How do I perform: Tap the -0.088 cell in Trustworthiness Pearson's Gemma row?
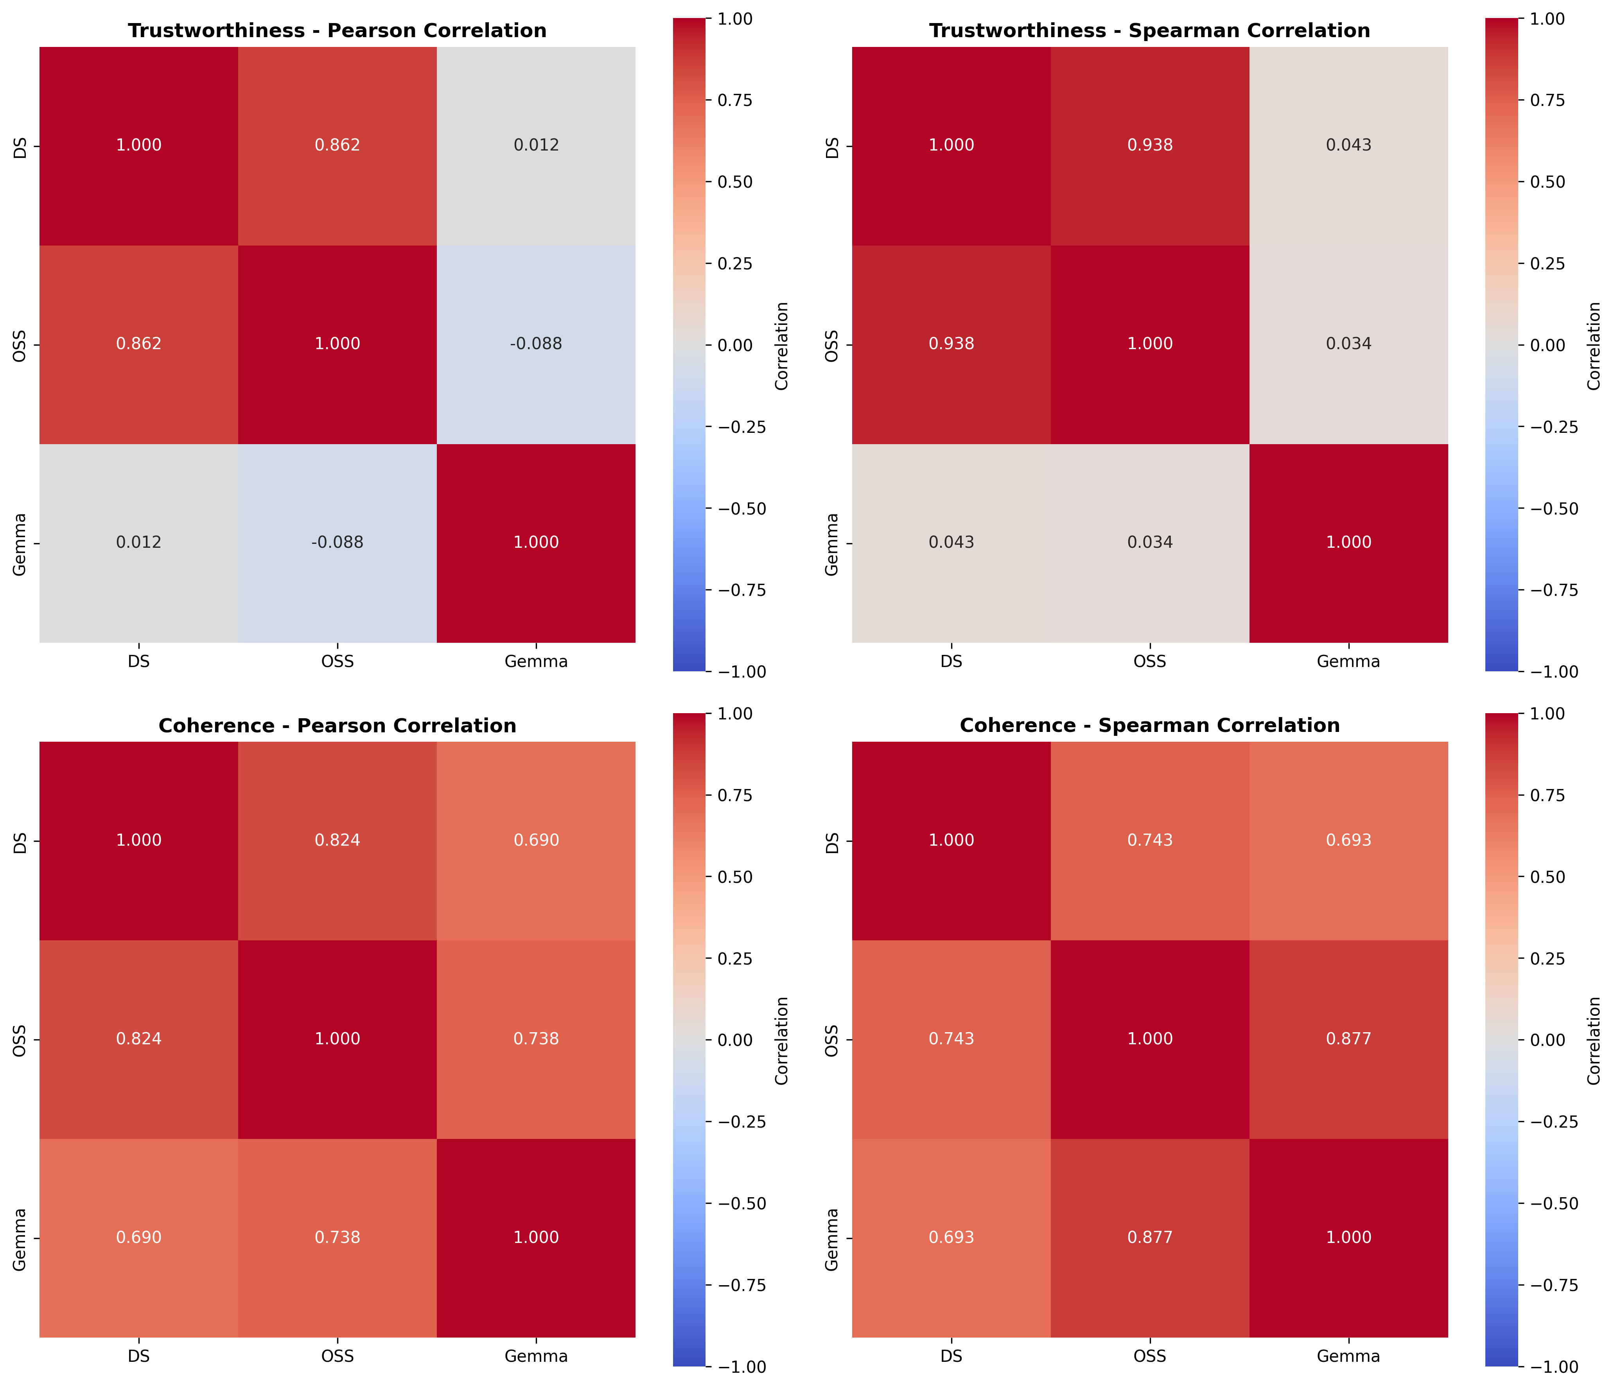[337, 542]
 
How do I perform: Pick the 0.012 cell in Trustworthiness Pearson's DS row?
[536, 145]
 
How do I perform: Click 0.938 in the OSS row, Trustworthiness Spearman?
[951, 344]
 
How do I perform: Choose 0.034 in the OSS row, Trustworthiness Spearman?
[1348, 344]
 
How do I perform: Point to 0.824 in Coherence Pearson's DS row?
[337, 840]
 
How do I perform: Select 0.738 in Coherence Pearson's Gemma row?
[337, 1237]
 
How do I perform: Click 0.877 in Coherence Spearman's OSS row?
[1348, 1038]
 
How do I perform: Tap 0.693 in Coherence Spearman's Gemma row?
[951, 1237]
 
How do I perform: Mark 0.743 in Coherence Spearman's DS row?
[1150, 840]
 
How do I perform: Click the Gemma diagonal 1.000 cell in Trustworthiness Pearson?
[536, 542]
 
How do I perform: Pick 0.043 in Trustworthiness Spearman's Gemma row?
[951, 542]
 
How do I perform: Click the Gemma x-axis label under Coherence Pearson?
[536, 1356]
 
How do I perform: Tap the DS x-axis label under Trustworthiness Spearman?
[951, 661]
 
